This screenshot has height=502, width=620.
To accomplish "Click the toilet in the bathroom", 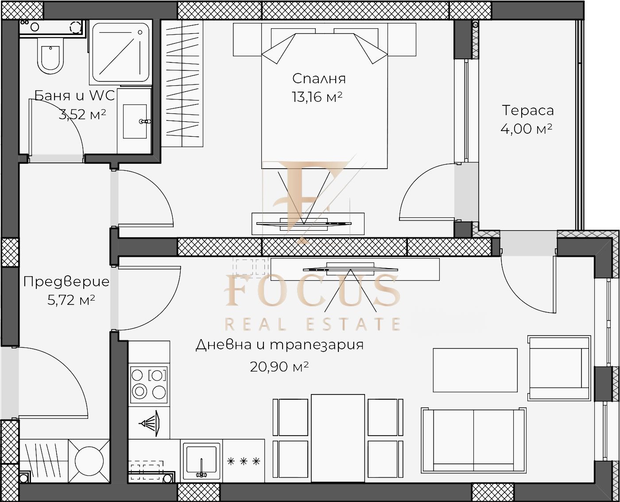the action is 50,56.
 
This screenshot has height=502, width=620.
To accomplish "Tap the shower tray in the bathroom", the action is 120,52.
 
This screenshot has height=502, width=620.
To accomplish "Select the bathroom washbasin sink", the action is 135,121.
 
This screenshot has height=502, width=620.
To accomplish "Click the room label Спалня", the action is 319,79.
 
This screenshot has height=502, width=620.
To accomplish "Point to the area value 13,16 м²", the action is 317,97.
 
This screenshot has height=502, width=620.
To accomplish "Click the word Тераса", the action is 527,111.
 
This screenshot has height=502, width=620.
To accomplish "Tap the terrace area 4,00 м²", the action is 526,129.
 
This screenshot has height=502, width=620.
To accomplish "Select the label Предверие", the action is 66,282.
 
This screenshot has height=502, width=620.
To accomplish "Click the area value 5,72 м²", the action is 71,300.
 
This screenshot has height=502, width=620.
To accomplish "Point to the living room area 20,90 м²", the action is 279,367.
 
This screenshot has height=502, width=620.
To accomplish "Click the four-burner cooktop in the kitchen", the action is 149,385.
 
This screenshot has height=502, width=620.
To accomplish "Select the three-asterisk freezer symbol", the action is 243,461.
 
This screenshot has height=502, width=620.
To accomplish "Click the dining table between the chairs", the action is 337,438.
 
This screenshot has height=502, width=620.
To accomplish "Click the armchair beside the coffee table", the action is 559,368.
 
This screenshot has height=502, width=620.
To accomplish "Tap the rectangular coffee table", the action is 475,370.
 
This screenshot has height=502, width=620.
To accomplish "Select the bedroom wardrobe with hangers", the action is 182,83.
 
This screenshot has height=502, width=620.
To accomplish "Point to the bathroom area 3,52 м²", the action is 82,114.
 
